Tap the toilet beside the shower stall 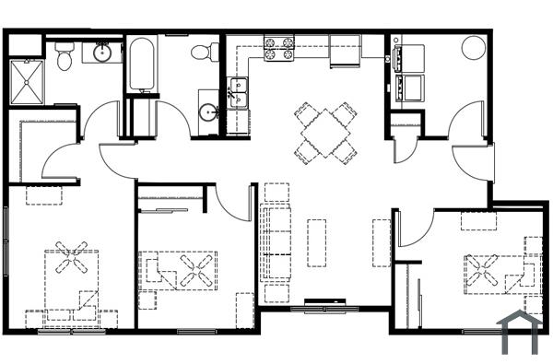pos(64,58)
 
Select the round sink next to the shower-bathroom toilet pos(101,53)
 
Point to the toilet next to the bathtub pos(204,51)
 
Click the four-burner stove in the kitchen pos(279,48)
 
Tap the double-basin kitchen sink pos(238,93)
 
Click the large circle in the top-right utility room pos(473,47)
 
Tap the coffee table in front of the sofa pos(317,242)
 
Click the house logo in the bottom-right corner pos(519,333)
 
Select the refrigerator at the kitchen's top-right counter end pos(345,51)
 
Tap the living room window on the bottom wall pos(319,307)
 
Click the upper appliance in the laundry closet pos(407,58)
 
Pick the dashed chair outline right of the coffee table pos(382,242)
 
